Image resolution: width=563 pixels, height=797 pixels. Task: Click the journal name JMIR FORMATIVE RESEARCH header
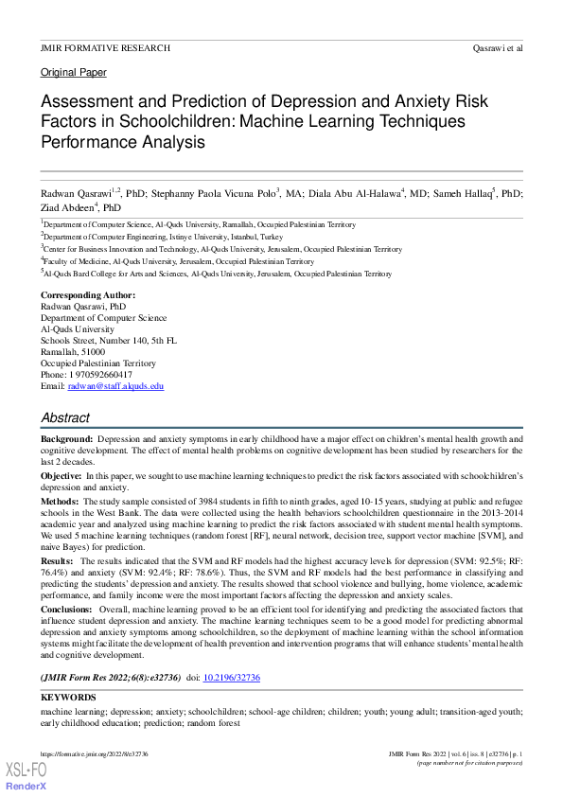click(105, 47)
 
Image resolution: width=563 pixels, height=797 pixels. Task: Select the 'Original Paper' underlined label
click(73, 73)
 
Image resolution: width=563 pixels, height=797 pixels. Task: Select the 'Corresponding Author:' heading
click(87, 295)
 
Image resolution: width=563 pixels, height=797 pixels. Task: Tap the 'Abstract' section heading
click(65, 417)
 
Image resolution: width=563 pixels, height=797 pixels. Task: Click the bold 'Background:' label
click(66, 440)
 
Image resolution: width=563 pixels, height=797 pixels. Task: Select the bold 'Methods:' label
click(60, 501)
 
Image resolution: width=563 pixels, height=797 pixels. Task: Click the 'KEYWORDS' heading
click(68, 699)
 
